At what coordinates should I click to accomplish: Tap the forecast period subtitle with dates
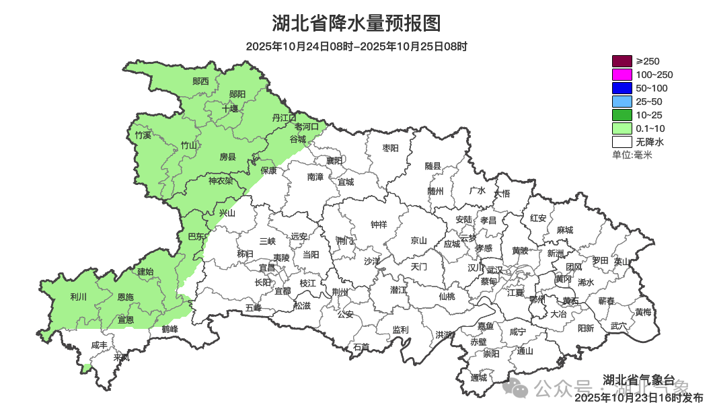[356, 47]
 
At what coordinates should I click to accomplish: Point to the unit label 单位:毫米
[632, 155]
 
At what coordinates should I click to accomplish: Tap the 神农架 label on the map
[221, 180]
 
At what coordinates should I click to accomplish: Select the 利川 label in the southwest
[78, 297]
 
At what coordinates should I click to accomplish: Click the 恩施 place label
[125, 297]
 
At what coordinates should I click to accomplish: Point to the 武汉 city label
[494, 269]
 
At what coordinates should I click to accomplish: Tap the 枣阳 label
[390, 148]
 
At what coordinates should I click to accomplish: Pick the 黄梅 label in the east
[643, 312]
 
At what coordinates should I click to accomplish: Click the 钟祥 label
[379, 225]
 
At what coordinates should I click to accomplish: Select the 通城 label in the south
[479, 377]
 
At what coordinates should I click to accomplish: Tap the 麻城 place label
[565, 230]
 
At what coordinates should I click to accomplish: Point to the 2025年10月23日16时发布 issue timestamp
[639, 397]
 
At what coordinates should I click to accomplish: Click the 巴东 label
[195, 236]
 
